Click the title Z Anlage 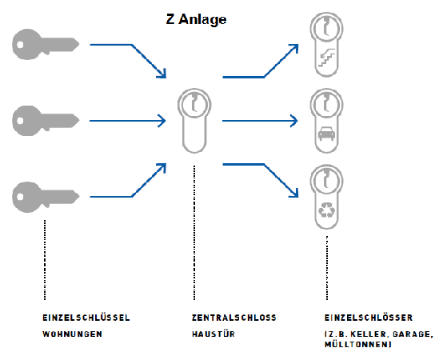coord(196,19)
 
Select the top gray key coord(46,44)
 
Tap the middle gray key coord(46,121)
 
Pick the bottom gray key coord(46,197)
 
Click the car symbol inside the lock coord(326,134)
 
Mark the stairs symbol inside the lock coord(326,58)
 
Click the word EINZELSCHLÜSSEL coord(86,318)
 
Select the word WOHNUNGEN coord(72,334)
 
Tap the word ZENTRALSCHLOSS coord(234,318)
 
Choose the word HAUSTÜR coord(214,334)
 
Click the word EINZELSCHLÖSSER coord(369,318)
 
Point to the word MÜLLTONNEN coord(357,344)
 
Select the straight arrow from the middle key coord(127,121)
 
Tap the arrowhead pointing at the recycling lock coord(295,194)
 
